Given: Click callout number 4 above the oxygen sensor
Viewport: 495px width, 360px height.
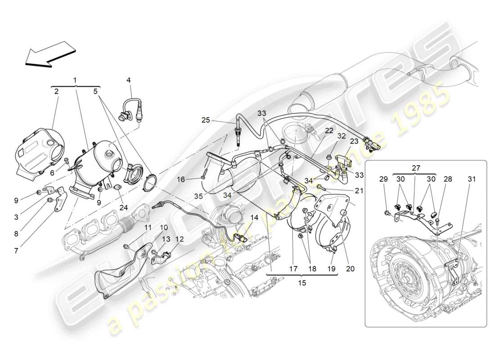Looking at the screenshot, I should click(x=128, y=80).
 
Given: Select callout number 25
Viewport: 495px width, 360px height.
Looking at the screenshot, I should click(x=205, y=120).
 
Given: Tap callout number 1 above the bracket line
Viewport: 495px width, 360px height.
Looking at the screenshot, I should click(x=75, y=80).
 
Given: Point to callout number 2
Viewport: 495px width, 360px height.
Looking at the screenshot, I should click(x=56, y=91).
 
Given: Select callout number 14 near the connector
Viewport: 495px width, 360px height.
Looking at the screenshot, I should click(x=254, y=217).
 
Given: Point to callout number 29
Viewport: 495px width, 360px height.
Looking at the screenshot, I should click(x=383, y=179).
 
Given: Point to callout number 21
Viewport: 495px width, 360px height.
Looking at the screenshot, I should click(x=359, y=190).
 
